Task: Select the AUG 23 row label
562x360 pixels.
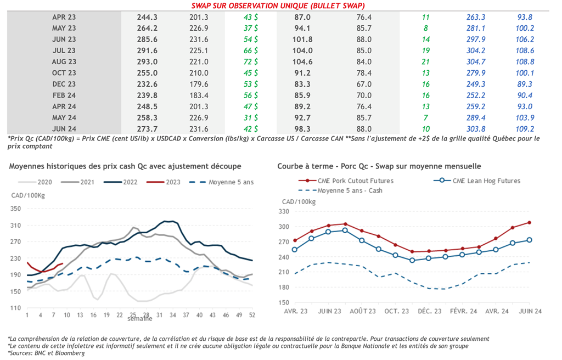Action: click(x=64, y=61)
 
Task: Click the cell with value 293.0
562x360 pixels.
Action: click(x=147, y=61)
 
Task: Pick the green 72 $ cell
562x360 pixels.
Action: click(x=251, y=61)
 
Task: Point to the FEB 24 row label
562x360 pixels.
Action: click(x=64, y=95)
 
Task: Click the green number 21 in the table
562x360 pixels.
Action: click(x=426, y=61)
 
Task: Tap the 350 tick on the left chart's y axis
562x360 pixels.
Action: click(x=15, y=209)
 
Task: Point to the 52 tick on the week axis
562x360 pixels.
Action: click(x=252, y=316)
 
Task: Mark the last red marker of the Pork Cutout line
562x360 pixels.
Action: click(x=530, y=222)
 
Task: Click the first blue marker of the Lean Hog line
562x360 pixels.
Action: click(x=295, y=250)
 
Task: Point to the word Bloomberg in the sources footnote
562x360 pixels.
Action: click(x=70, y=353)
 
